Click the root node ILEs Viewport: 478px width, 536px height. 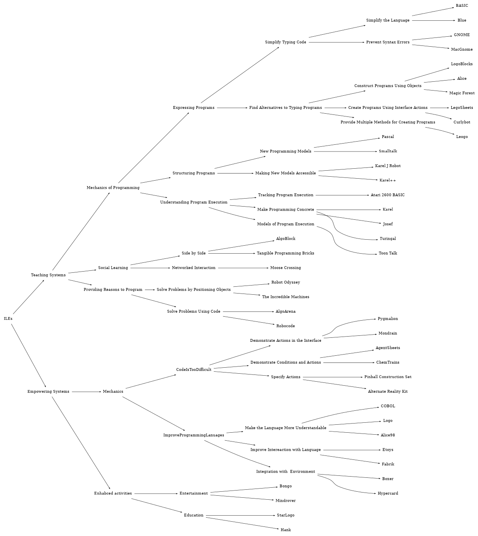point(8,319)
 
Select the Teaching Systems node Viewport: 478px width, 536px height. point(48,275)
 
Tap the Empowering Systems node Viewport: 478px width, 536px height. point(48,392)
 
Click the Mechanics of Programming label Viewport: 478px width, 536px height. point(113,188)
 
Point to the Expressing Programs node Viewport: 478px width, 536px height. point(194,108)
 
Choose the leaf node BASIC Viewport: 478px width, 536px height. point(462,6)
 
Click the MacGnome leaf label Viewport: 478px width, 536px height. point(462,49)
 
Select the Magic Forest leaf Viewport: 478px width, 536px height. point(462,93)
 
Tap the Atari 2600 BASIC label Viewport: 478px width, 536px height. point(388,195)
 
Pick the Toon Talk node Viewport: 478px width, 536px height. point(388,253)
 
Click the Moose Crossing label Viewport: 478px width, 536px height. point(286,268)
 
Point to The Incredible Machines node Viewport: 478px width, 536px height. point(286,297)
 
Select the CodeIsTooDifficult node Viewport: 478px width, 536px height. point(194,370)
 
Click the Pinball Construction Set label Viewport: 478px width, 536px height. point(388,377)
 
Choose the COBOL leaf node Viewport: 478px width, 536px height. point(388,406)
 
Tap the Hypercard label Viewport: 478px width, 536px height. point(388,493)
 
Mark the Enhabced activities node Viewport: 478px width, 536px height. point(113,493)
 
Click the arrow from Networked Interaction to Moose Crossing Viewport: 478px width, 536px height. point(243,268)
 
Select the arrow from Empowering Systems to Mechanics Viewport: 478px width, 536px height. point(86,392)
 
